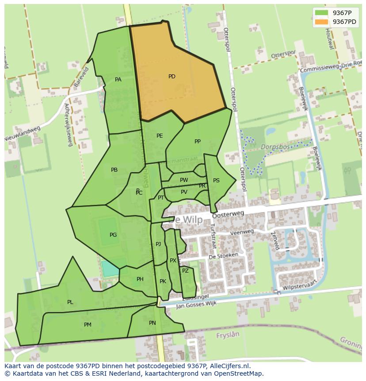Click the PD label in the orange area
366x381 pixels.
coord(172,77)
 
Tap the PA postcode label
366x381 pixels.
coord(118,80)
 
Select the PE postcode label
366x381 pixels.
coord(160,136)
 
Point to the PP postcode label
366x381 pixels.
coord(198,142)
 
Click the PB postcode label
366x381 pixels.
coord(114,170)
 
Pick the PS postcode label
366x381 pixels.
coord(216,181)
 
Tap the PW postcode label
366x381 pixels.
coord(184,180)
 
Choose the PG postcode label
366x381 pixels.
coord(113,235)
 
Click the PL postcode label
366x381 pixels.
coord(70,302)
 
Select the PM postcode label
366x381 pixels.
coord(88,325)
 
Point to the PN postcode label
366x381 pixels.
coord(152,323)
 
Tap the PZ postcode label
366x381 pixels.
coord(185,271)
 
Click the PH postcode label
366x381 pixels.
coord(140,279)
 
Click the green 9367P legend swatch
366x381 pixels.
coord(321,13)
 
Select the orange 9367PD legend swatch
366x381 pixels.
coord(321,22)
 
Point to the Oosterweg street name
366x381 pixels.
coord(228,215)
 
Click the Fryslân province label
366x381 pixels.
coord(227,335)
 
